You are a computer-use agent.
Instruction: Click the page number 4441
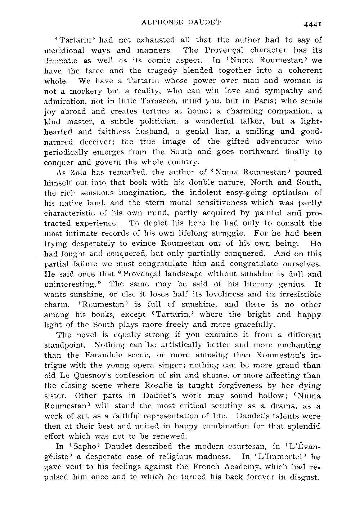[312, 24]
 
